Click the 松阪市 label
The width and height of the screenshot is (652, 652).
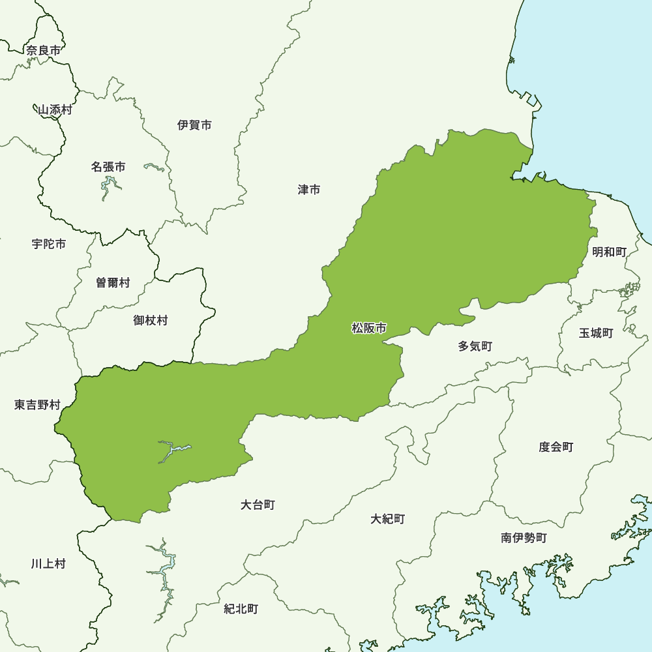(x=369, y=329)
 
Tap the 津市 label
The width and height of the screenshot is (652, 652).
(x=309, y=190)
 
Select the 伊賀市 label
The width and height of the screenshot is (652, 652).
(x=194, y=125)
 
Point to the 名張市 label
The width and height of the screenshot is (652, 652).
(x=108, y=167)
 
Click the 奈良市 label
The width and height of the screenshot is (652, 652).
(x=44, y=50)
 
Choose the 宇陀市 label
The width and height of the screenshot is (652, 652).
(x=48, y=244)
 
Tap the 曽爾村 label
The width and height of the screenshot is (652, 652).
(x=113, y=282)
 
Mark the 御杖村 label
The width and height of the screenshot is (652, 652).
(x=151, y=320)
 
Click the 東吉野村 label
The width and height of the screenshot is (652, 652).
(x=37, y=405)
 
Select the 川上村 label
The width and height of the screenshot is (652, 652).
(x=48, y=563)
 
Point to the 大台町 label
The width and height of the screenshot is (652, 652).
(x=258, y=505)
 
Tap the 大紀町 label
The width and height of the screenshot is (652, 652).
(x=388, y=519)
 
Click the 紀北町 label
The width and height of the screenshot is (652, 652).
(x=241, y=609)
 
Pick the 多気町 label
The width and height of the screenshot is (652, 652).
(x=475, y=346)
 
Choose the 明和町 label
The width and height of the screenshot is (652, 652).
(x=609, y=252)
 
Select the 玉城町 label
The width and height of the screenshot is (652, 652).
(x=596, y=333)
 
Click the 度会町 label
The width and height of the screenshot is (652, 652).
(x=556, y=447)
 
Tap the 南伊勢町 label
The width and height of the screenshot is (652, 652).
(x=524, y=538)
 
